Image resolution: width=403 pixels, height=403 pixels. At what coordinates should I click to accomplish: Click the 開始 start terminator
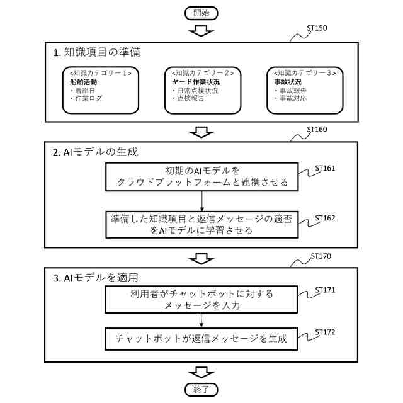[201, 12]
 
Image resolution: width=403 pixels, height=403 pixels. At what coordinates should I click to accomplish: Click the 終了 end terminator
[201, 389]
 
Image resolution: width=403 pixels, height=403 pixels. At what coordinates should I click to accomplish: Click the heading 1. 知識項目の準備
[96, 53]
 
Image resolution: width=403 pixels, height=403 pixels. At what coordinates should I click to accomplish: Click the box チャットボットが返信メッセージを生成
[201, 338]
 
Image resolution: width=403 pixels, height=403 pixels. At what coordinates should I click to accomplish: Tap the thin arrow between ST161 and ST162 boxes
[201, 200]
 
